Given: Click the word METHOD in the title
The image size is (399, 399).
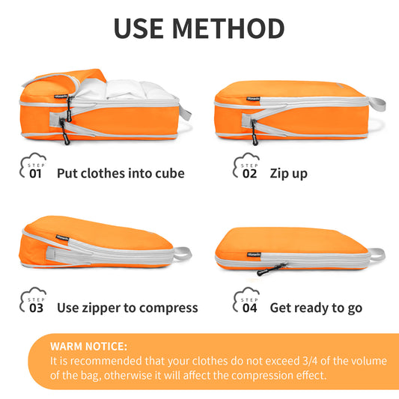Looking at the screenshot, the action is [x=228, y=28].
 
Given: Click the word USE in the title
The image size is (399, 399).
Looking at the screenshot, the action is [x=138, y=28].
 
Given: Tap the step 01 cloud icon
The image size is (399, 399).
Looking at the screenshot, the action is [x=33, y=165].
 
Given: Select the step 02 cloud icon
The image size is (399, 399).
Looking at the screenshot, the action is [x=246, y=165].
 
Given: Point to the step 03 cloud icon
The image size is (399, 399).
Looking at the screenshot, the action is [x=33, y=299].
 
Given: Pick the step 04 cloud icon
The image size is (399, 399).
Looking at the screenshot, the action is [x=246, y=299].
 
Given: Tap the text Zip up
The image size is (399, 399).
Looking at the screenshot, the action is [x=288, y=174].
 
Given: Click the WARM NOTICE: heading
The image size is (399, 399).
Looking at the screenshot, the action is [x=88, y=347].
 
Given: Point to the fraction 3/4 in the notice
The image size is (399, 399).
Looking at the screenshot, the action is [x=310, y=361].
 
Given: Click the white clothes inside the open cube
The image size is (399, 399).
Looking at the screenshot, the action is [x=125, y=89].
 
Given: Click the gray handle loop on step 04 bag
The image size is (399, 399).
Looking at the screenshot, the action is [x=377, y=255].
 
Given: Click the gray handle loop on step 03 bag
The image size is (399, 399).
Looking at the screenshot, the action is [x=183, y=253].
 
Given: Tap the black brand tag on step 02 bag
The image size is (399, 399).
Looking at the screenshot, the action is [x=253, y=99].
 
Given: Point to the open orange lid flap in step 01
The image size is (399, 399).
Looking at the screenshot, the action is [x=64, y=82].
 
